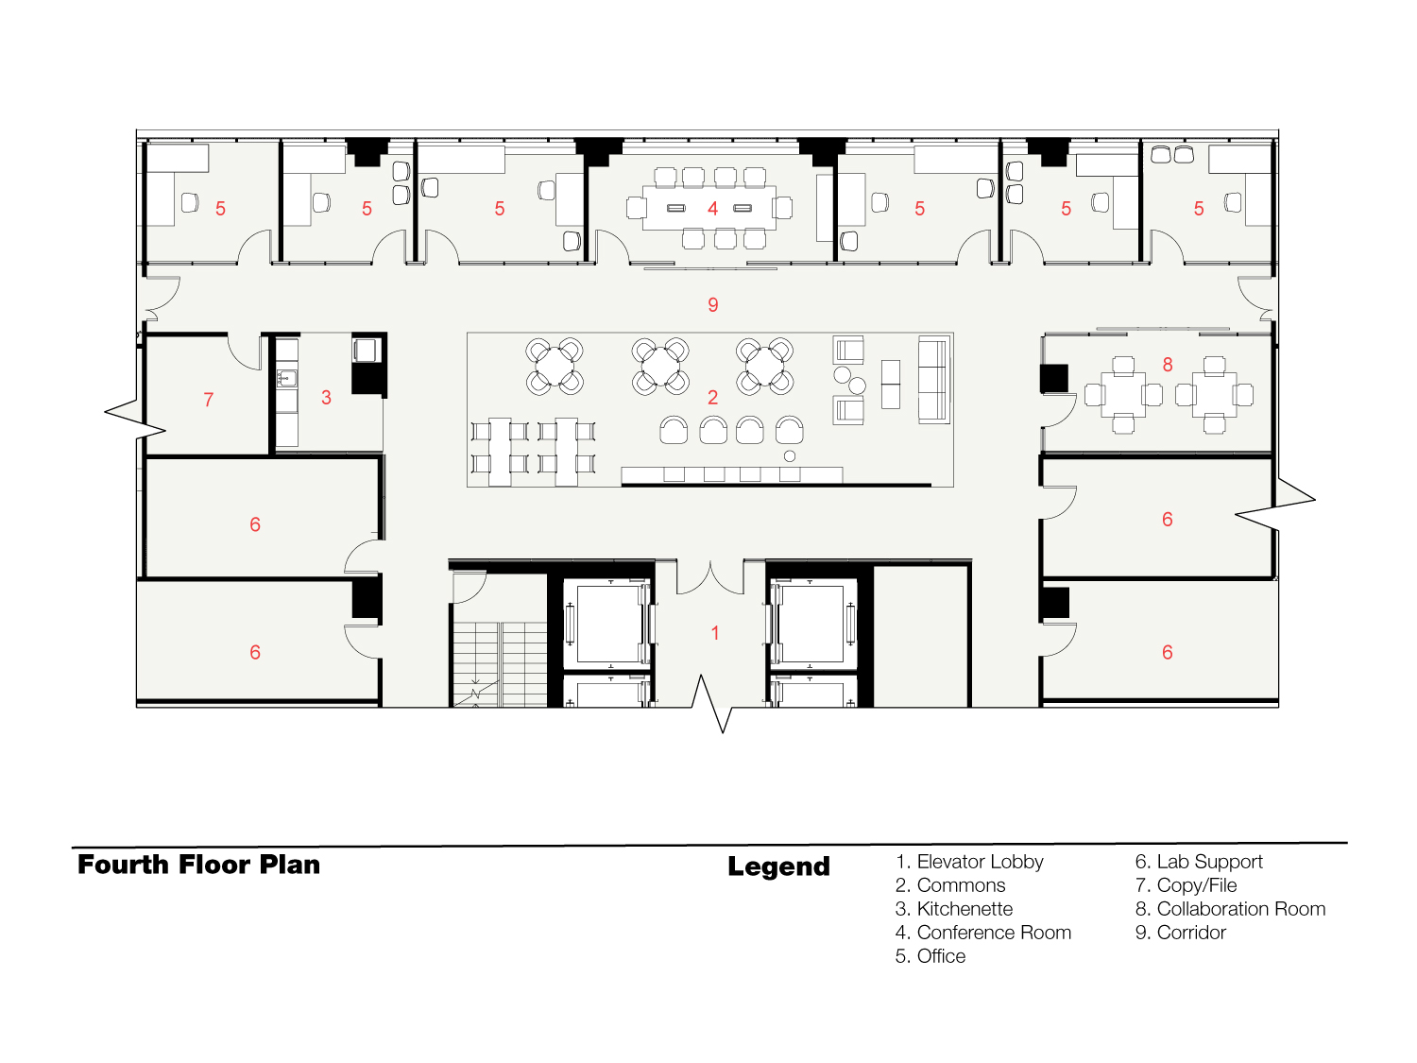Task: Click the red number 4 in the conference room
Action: (712, 209)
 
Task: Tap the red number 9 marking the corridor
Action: (712, 304)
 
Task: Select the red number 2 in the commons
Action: (712, 397)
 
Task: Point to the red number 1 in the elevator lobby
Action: (714, 633)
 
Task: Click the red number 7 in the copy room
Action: (208, 400)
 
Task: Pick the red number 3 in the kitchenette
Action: (326, 397)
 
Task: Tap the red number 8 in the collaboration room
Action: (1168, 365)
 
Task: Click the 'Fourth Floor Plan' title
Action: (198, 865)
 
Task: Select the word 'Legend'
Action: (778, 866)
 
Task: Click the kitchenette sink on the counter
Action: (287, 378)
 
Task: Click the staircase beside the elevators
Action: (500, 663)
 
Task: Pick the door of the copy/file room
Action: (245, 351)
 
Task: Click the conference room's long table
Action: (709, 208)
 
